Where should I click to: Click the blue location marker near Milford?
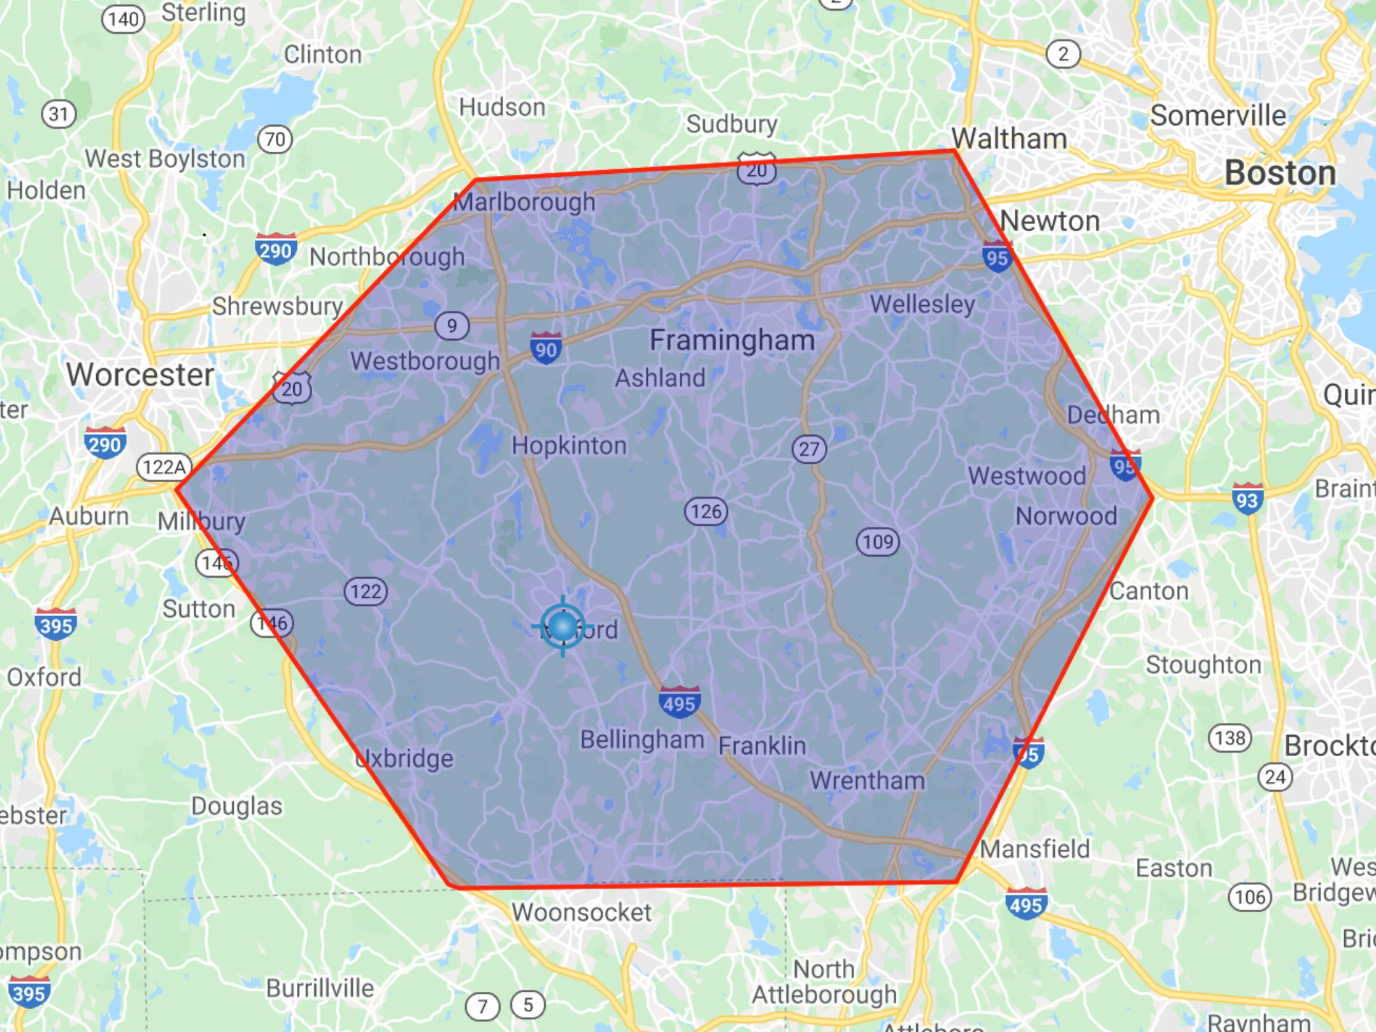click(563, 626)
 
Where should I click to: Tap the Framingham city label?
click(732, 340)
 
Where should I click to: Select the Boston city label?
click(1280, 173)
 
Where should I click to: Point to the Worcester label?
click(140, 375)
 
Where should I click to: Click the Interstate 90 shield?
click(546, 348)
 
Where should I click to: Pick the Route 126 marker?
click(706, 511)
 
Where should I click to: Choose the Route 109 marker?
click(878, 541)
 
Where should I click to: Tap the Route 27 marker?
click(809, 449)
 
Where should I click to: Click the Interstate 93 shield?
click(1247, 499)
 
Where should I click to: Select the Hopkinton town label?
click(569, 445)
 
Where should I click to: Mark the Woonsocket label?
click(581, 912)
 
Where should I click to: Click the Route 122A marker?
click(164, 467)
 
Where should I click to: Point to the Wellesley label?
click(922, 305)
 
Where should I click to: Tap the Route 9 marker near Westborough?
click(452, 326)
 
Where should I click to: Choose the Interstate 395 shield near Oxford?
click(56, 624)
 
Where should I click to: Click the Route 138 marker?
click(1229, 738)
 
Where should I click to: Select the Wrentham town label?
click(867, 780)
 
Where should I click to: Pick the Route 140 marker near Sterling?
click(124, 19)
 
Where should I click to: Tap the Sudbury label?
click(731, 124)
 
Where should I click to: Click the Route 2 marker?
click(1063, 54)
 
